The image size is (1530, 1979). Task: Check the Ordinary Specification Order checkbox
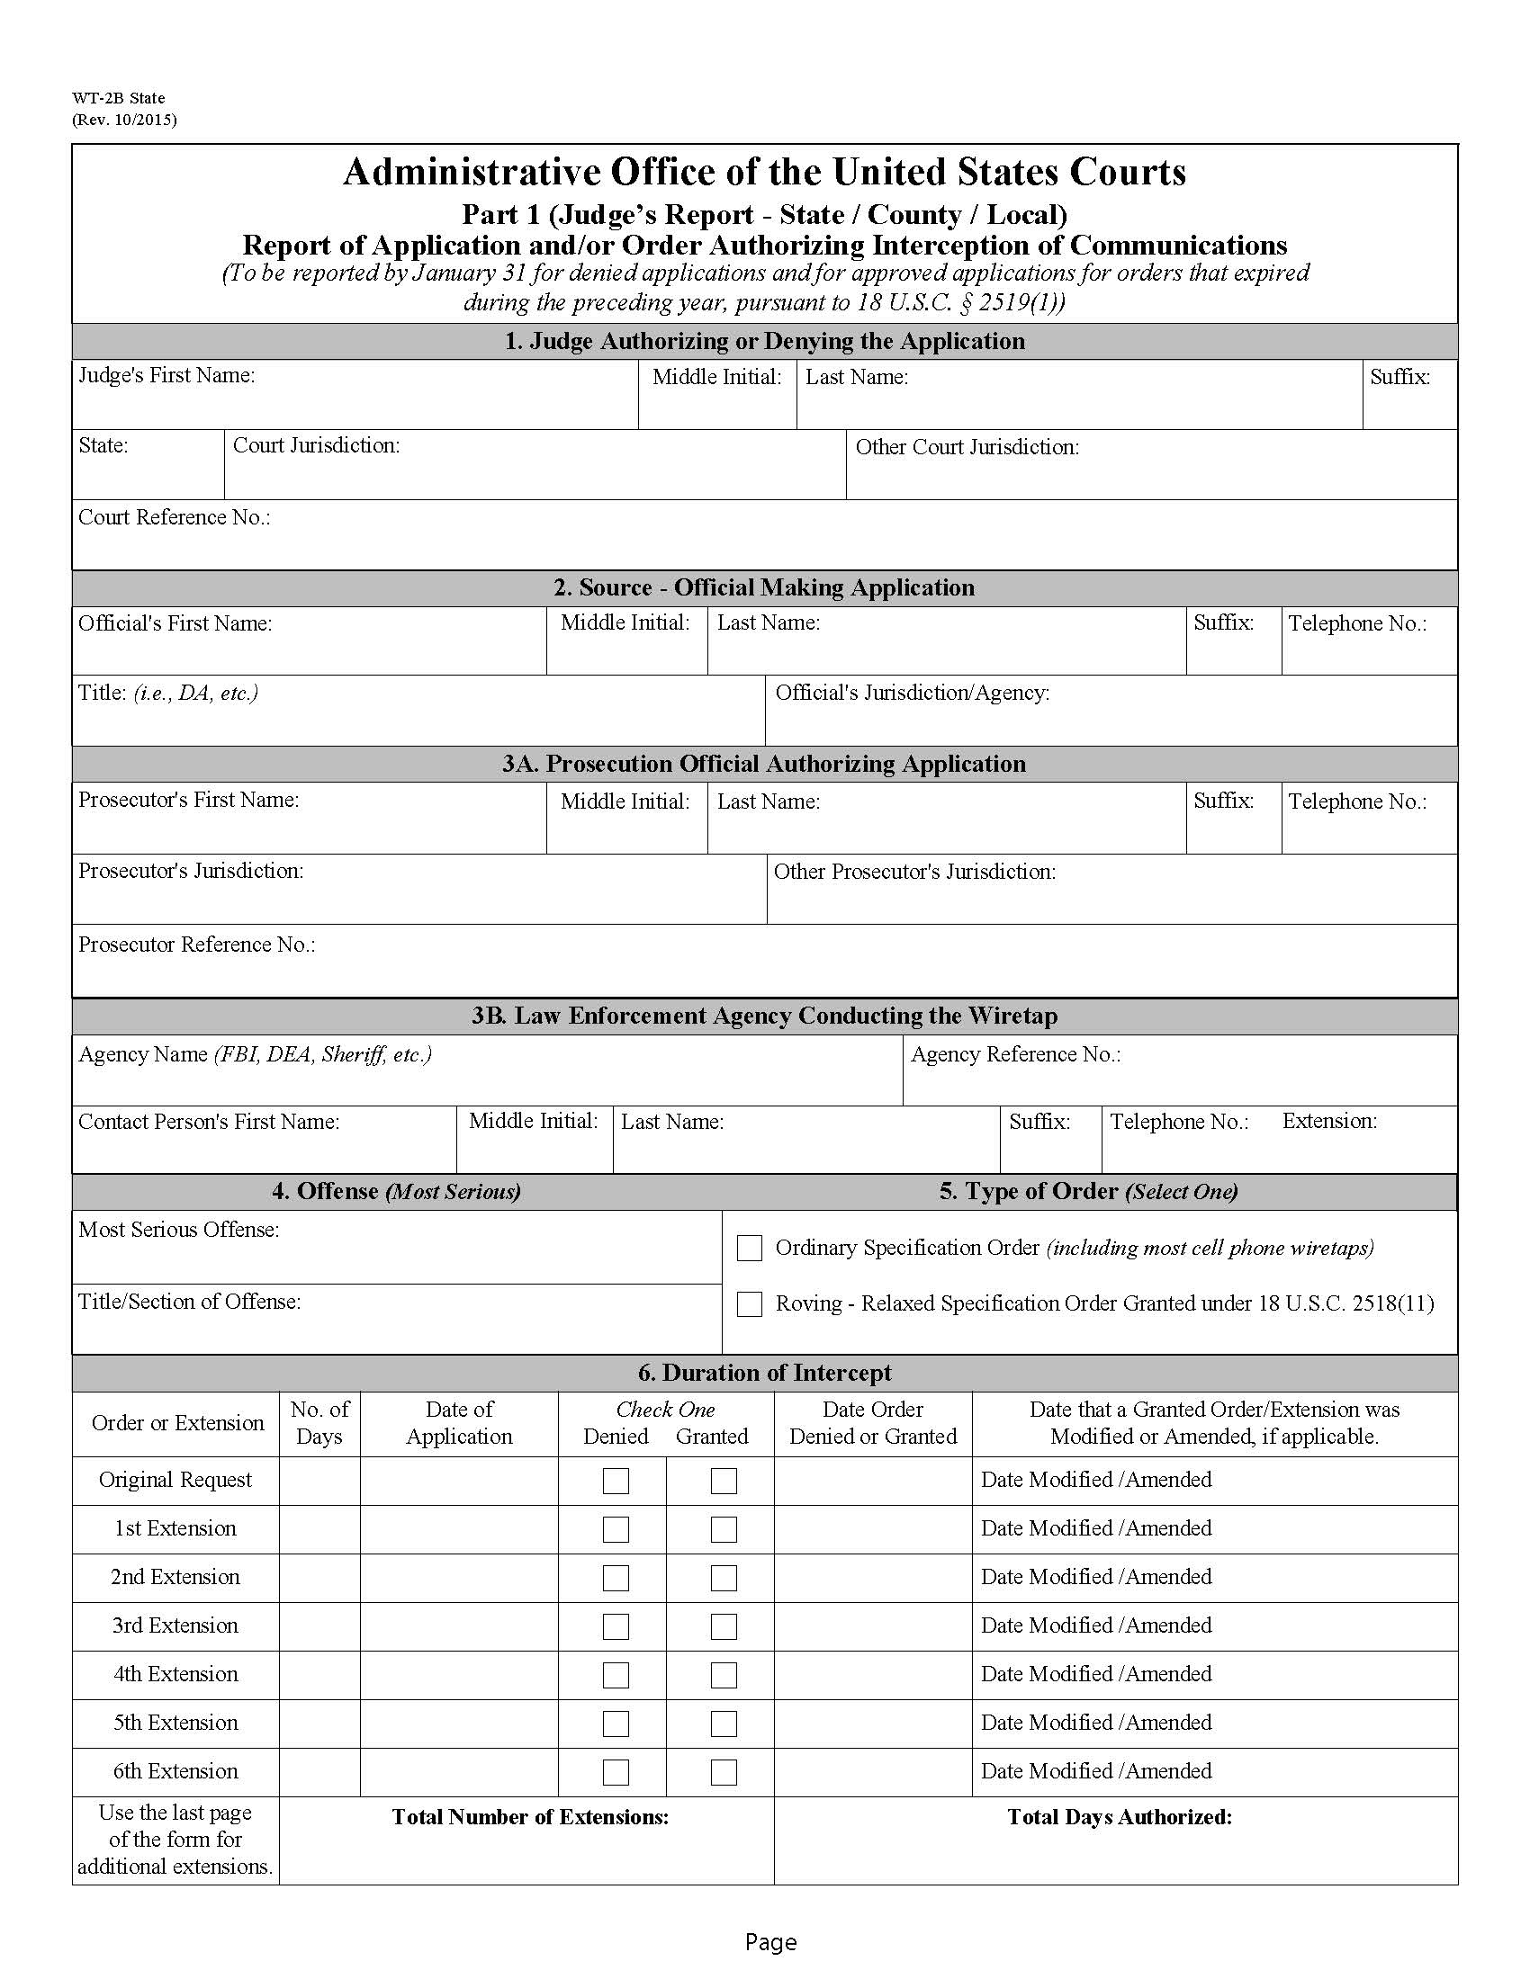(x=749, y=1248)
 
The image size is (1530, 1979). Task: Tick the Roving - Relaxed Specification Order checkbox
(x=749, y=1304)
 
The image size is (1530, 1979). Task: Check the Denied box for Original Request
(x=616, y=1481)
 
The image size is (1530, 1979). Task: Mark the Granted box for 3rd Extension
(x=724, y=1626)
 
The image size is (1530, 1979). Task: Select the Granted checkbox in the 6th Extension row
(x=724, y=1772)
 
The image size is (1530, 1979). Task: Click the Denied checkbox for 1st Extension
(x=616, y=1529)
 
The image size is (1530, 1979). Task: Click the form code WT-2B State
(x=119, y=98)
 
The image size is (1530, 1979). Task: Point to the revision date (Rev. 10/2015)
(x=124, y=120)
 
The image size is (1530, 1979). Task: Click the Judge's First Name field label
(x=166, y=375)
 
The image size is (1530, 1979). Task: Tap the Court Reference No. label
(x=174, y=517)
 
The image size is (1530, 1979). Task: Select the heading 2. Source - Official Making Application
(x=764, y=587)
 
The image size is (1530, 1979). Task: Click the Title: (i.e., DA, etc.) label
(x=167, y=694)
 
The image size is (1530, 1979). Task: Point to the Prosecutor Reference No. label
(x=197, y=945)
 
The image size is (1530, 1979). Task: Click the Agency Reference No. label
(x=1015, y=1055)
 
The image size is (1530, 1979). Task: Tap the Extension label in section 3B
(x=1328, y=1121)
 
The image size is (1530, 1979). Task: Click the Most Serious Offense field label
(x=178, y=1230)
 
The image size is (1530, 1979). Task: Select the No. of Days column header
(x=319, y=1423)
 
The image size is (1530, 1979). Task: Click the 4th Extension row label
(x=175, y=1674)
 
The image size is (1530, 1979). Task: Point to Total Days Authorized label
(x=1120, y=1817)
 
